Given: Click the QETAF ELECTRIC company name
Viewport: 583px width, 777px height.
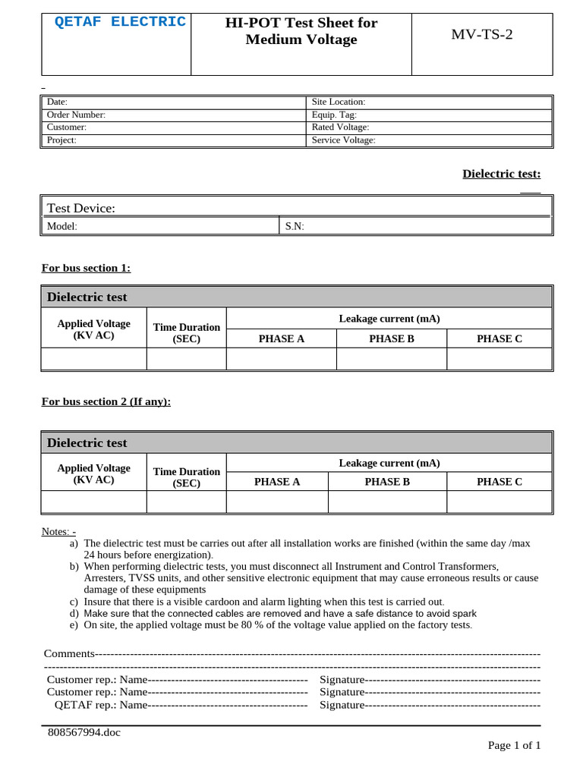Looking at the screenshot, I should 120,22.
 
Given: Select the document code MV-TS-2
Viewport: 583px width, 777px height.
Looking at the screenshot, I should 482,35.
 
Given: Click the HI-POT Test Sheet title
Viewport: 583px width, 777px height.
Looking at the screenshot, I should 301,31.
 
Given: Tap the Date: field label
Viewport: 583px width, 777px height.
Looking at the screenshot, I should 58,102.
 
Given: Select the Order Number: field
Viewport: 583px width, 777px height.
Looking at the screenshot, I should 76,115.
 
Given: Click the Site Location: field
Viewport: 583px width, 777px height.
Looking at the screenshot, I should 339,102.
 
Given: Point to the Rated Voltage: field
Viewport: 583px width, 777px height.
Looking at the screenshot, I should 340,127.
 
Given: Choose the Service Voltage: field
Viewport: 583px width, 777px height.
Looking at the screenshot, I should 343,140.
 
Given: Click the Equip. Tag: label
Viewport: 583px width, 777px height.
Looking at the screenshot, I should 334,115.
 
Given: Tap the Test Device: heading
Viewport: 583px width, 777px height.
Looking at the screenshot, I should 81,208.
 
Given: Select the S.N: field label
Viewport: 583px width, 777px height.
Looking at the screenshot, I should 295,226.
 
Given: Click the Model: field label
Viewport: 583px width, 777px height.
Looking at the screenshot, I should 62,226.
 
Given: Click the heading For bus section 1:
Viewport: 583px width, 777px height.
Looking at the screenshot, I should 86,268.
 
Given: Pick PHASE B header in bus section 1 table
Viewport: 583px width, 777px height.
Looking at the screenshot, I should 392,339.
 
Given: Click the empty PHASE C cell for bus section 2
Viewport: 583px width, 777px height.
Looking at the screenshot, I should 499,502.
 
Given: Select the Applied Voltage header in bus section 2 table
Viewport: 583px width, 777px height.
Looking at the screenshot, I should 93,473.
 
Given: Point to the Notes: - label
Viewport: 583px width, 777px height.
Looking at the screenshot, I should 58,531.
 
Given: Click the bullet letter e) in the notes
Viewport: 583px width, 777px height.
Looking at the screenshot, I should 74,625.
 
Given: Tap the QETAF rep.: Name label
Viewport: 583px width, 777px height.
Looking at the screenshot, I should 101,705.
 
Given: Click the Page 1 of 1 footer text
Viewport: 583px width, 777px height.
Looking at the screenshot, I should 514,745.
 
